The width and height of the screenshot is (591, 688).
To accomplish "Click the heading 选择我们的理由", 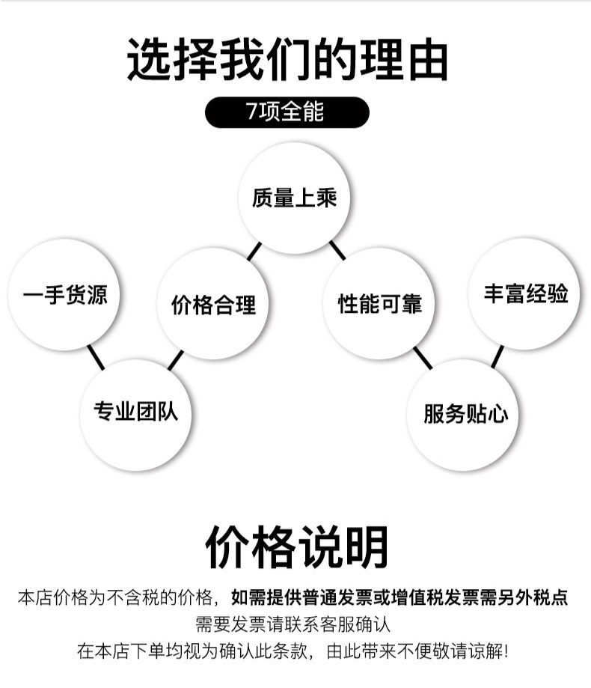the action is (288, 60).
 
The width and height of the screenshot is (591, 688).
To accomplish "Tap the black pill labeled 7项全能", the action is (287, 112).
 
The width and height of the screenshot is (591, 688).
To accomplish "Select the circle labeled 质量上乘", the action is (295, 198).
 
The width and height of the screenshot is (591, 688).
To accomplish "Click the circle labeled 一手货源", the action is (64, 294).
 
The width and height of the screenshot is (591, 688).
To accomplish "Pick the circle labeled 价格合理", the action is (213, 304).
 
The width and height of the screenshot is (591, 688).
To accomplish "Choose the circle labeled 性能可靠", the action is (380, 303).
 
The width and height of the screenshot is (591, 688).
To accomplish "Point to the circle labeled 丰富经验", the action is (525, 293).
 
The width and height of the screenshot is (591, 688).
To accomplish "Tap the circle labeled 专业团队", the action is (135, 412).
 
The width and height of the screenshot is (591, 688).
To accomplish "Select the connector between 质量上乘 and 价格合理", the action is (254, 251).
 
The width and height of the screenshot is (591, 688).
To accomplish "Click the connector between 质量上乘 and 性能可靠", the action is (337, 250).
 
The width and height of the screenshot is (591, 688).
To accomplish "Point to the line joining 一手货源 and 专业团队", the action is (95, 358).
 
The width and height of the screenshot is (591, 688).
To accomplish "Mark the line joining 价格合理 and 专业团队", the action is (176, 360).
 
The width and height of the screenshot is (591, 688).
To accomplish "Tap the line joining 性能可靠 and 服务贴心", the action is (423, 357).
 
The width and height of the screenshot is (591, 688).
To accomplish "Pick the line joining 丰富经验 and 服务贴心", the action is (497, 356).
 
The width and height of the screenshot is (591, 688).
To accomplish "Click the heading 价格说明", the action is (296, 547).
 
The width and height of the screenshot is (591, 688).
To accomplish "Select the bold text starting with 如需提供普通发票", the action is (399, 597).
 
